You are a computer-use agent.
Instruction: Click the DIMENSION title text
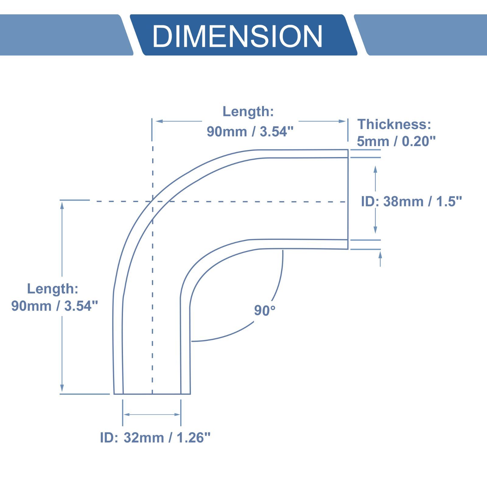click(x=237, y=36)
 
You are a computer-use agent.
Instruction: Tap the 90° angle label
click(x=265, y=310)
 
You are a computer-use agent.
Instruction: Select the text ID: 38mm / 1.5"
click(x=411, y=201)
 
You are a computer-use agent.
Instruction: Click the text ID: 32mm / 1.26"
click(x=155, y=437)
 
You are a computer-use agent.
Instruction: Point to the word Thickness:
click(x=394, y=124)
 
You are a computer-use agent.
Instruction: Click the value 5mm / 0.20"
click(x=396, y=141)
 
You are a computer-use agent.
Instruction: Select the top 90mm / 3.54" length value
click(x=250, y=131)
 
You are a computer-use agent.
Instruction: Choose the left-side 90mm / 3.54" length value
click(x=55, y=306)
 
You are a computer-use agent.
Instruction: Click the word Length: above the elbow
click(x=248, y=112)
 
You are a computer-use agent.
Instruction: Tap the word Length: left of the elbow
click(x=53, y=289)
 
